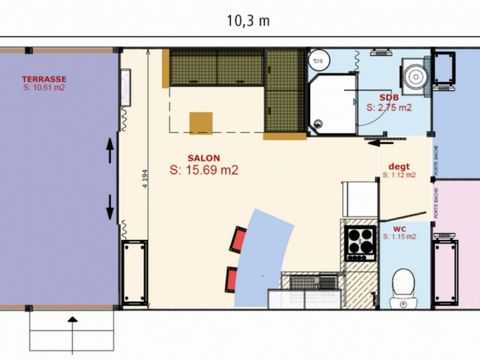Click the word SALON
pos(203,158)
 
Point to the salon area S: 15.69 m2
pos(203,171)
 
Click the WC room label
pos(399,228)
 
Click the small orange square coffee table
pos(202,122)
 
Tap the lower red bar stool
pos(233,278)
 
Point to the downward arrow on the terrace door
pos(109,210)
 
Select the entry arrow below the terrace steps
pos(74,323)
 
